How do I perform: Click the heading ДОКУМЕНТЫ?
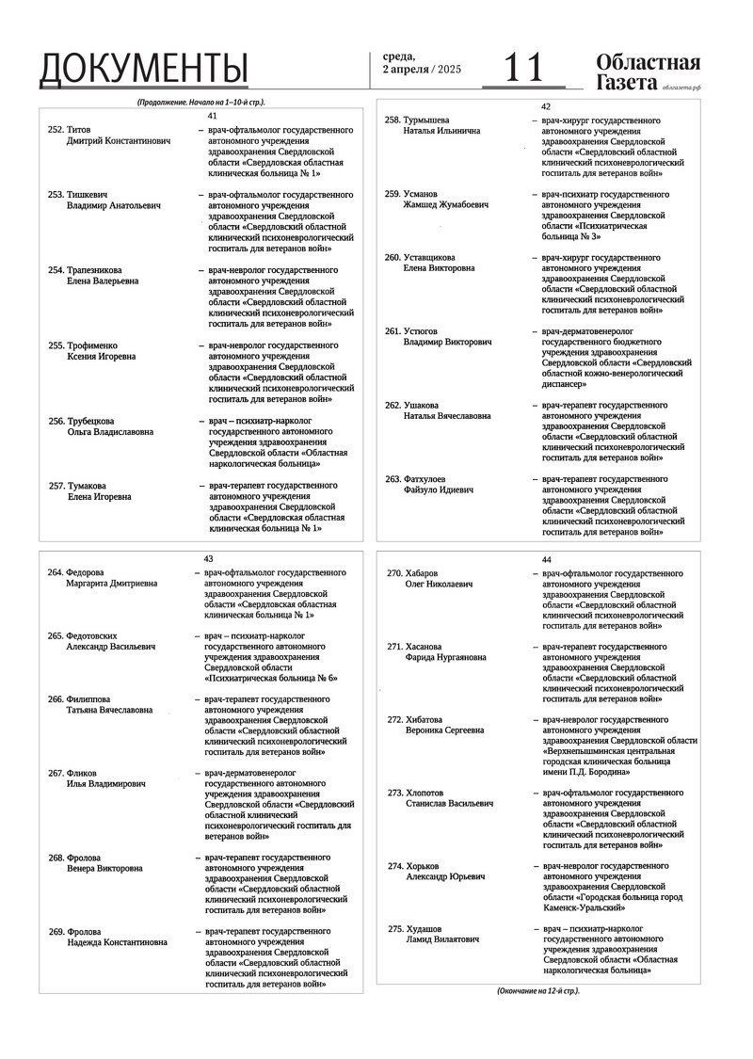[144, 70]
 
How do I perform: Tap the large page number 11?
[523, 68]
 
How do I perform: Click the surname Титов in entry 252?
[79, 130]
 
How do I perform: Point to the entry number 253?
[56, 195]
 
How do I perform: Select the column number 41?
[212, 115]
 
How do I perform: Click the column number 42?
[546, 107]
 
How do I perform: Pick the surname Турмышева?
[426, 120]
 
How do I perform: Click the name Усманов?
[420, 194]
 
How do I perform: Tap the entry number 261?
[393, 331]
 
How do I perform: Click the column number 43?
[208, 558]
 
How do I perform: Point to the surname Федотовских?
[98, 635]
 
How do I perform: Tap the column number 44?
[546, 560]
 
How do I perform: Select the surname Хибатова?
[425, 719]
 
